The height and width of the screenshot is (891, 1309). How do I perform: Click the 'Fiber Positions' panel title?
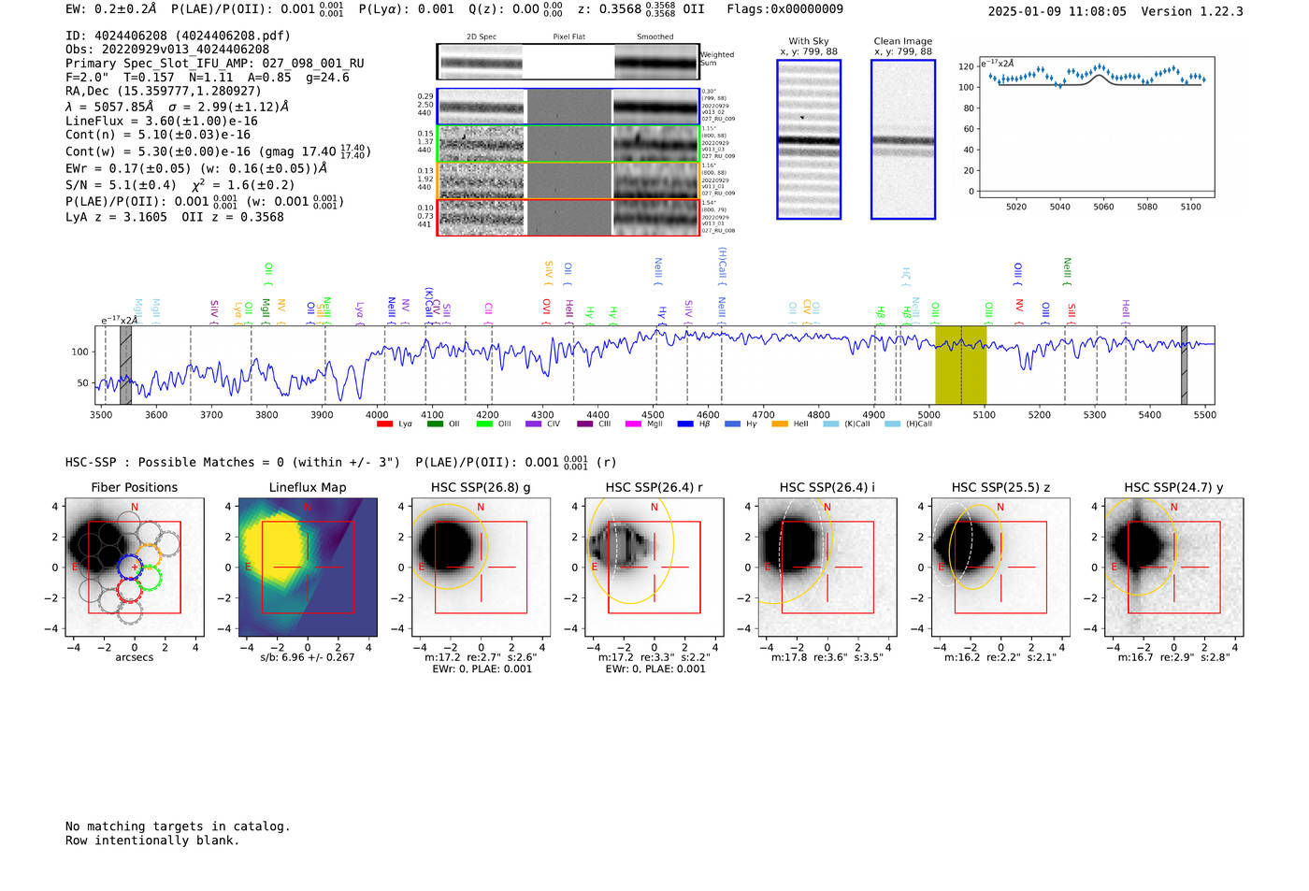pos(134,487)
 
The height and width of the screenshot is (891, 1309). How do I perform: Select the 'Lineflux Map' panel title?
pos(307,487)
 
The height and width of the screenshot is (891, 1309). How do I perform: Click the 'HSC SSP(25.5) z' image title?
pos(1000,487)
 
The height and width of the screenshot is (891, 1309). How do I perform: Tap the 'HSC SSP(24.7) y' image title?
pos(1173,487)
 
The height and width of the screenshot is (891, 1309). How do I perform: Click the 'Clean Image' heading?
pos(902,41)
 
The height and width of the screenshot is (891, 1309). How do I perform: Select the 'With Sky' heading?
pos(809,41)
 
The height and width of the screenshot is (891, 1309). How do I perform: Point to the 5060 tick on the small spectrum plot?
pos(1103,207)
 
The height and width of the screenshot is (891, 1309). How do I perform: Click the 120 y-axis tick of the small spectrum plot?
pos(966,67)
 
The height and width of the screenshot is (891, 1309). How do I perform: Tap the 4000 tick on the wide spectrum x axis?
pos(377,415)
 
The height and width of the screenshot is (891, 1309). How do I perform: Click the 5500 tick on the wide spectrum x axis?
pos(1205,415)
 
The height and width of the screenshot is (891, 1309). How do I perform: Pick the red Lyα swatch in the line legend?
pos(384,424)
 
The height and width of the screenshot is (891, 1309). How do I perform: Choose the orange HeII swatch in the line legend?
pos(779,424)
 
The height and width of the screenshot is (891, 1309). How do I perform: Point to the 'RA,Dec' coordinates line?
pos(164,91)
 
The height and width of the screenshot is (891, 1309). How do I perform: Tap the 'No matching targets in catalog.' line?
pos(178,826)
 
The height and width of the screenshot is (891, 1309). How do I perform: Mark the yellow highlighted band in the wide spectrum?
pos(960,365)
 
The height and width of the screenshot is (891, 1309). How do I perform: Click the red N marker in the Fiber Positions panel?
pos(135,508)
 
